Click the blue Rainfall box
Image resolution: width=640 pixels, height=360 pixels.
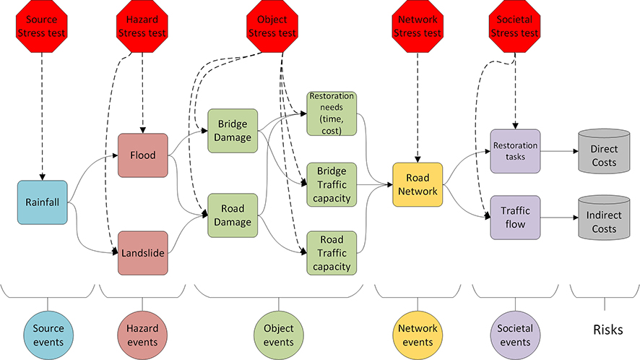43,202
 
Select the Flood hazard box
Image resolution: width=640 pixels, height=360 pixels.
143,155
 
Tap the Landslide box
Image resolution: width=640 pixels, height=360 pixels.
143,253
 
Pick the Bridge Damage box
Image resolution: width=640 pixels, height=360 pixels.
233,131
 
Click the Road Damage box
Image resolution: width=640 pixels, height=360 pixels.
233,215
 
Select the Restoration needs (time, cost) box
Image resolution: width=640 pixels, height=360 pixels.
332,113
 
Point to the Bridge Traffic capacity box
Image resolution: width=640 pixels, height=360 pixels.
332,184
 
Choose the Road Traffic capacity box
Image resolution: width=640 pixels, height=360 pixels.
332,252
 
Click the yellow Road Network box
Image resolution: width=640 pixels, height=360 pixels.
418,185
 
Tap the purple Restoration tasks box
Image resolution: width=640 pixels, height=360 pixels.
515,151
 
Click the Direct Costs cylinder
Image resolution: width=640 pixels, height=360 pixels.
604,152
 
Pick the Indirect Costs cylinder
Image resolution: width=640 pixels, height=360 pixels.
604,218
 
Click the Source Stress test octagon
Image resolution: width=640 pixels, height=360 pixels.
43,27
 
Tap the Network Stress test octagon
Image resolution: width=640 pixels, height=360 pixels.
418,27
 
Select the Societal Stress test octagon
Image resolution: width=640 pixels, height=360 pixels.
514,27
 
